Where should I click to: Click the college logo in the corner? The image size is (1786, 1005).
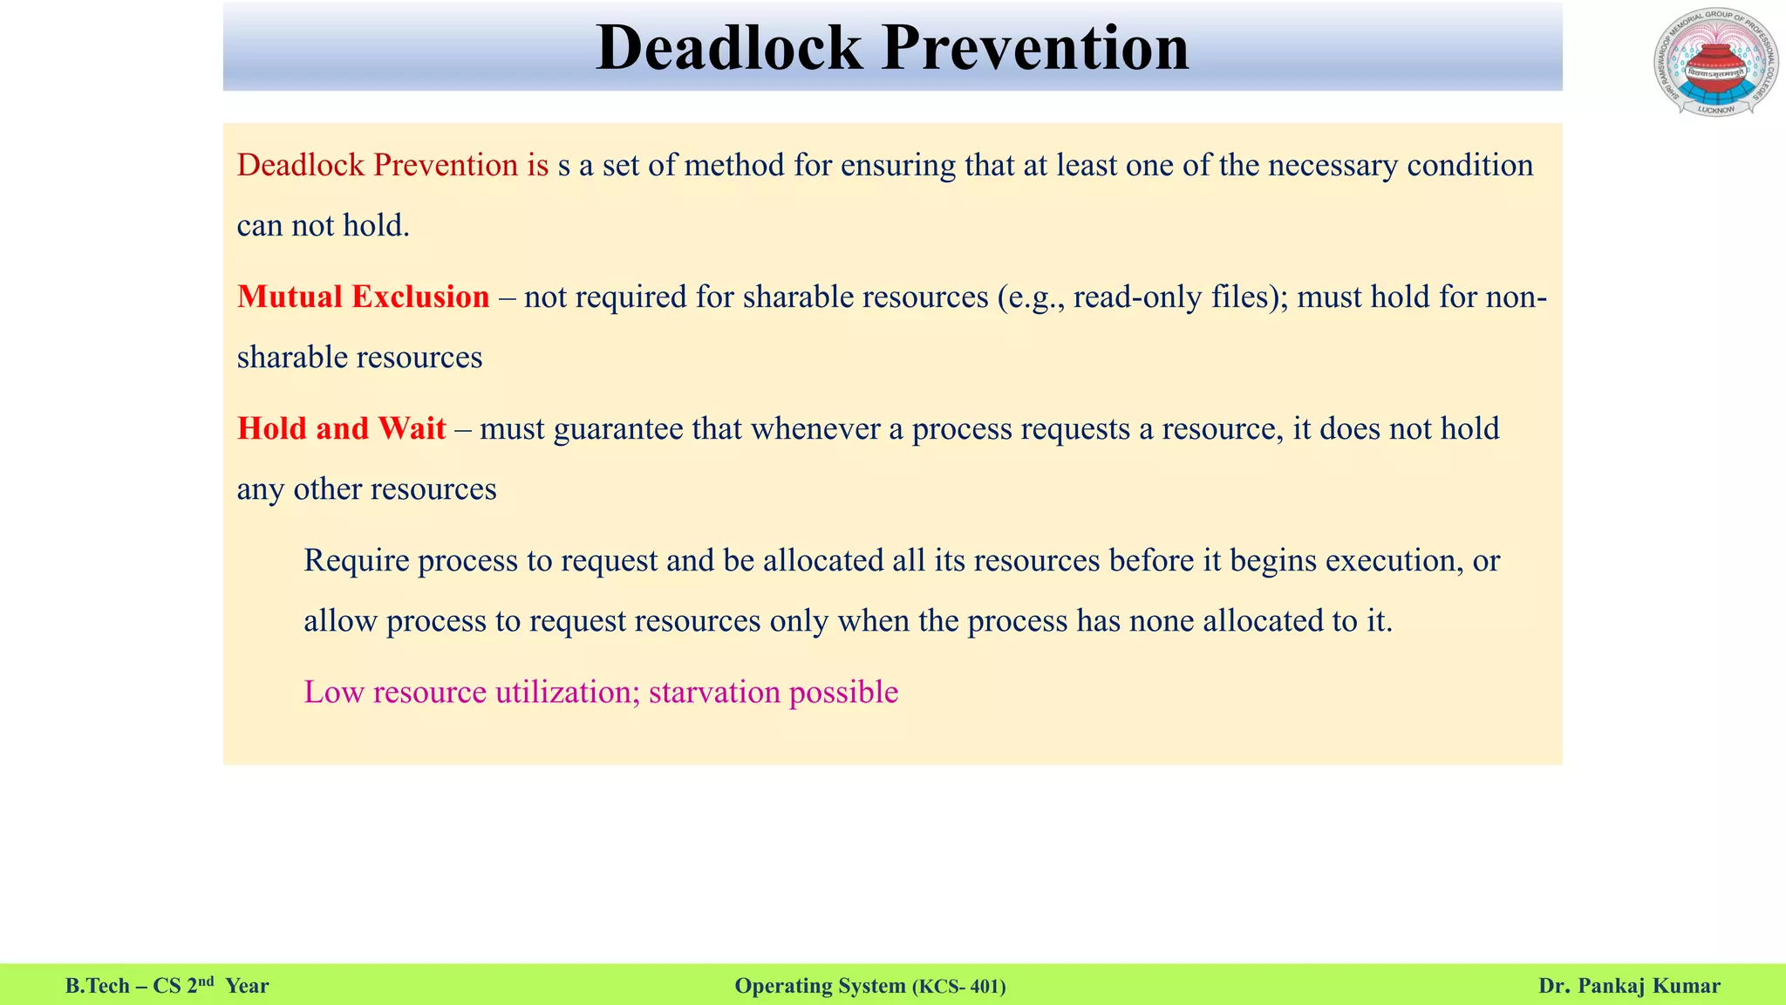[x=1715, y=62]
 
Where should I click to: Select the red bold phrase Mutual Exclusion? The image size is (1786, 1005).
[x=363, y=297]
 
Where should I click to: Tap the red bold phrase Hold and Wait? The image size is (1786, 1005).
[x=341, y=429]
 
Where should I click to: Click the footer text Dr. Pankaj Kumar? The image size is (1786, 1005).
[x=1629, y=987]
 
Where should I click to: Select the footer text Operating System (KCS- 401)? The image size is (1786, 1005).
[x=869, y=987]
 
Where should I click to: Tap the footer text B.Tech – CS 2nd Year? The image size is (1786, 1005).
[x=167, y=987]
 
